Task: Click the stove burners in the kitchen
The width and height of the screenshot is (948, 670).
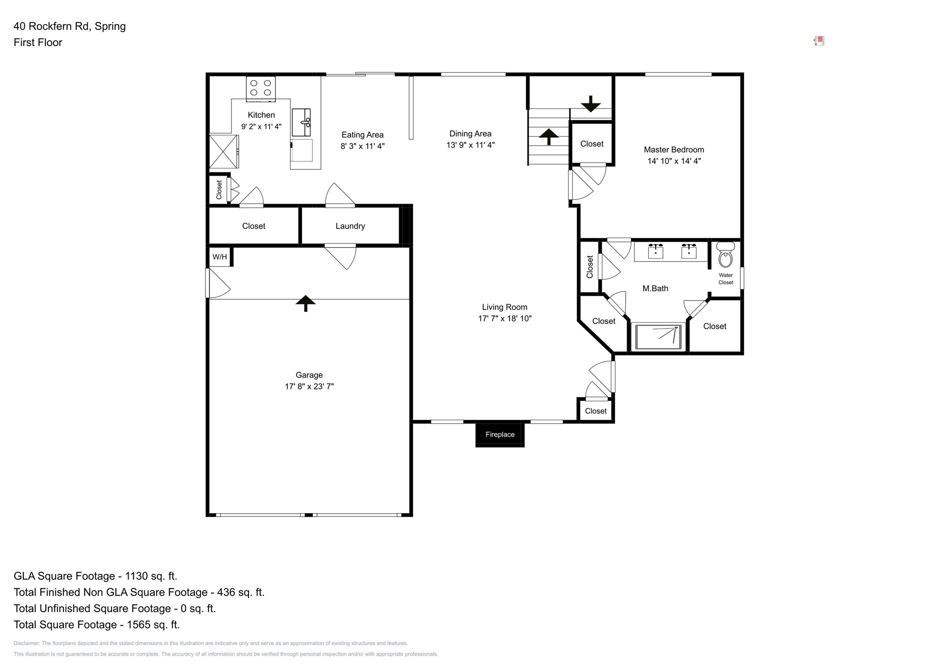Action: (x=260, y=88)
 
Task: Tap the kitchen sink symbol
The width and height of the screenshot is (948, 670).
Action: (x=301, y=122)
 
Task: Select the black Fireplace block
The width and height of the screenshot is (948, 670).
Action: (x=499, y=435)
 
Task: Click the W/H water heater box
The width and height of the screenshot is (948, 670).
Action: (x=219, y=257)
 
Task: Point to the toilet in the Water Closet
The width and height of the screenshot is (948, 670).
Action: (x=725, y=257)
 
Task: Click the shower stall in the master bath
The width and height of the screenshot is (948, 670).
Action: (x=658, y=337)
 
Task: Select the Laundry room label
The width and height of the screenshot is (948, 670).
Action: (x=350, y=226)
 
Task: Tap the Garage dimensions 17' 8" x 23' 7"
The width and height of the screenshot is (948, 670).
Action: (x=309, y=386)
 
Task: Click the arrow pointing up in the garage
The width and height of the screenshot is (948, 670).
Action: (x=305, y=303)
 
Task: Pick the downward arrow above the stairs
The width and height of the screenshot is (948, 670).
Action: (x=590, y=104)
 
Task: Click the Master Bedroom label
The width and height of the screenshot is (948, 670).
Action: (x=673, y=150)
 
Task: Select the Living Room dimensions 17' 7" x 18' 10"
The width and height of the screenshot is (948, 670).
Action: (x=504, y=319)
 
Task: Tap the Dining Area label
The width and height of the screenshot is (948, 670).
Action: (x=470, y=133)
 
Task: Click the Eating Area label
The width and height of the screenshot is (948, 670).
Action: (x=362, y=135)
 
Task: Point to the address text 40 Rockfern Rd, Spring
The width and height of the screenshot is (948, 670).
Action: (x=70, y=26)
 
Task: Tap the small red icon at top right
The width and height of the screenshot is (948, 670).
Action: (x=819, y=41)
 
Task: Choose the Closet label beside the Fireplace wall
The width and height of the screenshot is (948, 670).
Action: (x=595, y=411)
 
